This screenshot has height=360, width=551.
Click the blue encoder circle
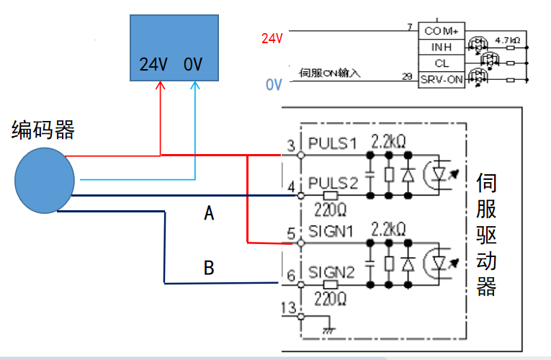pos(45,179)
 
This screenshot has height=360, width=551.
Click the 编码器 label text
pos(43,130)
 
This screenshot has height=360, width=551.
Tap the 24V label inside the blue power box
pos(153,65)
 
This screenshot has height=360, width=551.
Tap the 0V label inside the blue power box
pos(193,65)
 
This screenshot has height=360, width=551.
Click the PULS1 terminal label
pos(332,143)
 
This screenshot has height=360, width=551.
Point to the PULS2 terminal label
pos(333,183)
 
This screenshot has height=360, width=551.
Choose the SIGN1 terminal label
pos(332,232)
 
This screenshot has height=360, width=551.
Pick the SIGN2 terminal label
pos(332,272)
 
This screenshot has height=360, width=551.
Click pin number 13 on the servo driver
pos(289,308)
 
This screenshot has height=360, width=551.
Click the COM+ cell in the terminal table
pos(442,32)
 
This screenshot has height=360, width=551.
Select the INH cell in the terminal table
pos(442,48)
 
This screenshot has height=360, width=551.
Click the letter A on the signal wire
pos(210,213)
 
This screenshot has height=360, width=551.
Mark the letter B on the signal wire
pos(209,269)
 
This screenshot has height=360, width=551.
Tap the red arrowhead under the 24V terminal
pos(160,85)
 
